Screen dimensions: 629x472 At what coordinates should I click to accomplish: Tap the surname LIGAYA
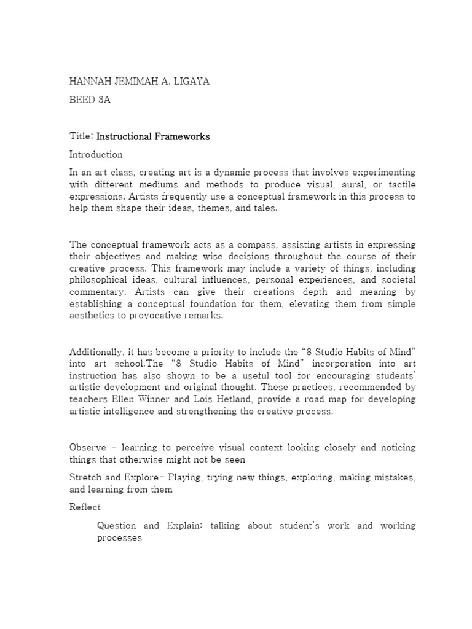(x=192, y=82)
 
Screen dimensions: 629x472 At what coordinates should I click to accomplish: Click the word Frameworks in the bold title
(x=183, y=136)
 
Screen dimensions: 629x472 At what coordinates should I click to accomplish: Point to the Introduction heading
(x=96, y=154)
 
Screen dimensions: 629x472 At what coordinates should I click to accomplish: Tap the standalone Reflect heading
(x=85, y=507)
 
